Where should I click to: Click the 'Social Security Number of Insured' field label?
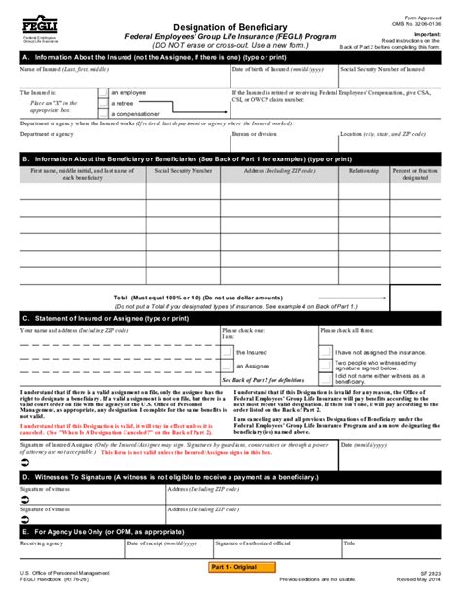(386, 70)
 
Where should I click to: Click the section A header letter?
(25, 57)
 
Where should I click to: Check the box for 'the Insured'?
(227, 352)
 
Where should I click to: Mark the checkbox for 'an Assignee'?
(227, 367)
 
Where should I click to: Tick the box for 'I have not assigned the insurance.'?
(327, 352)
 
